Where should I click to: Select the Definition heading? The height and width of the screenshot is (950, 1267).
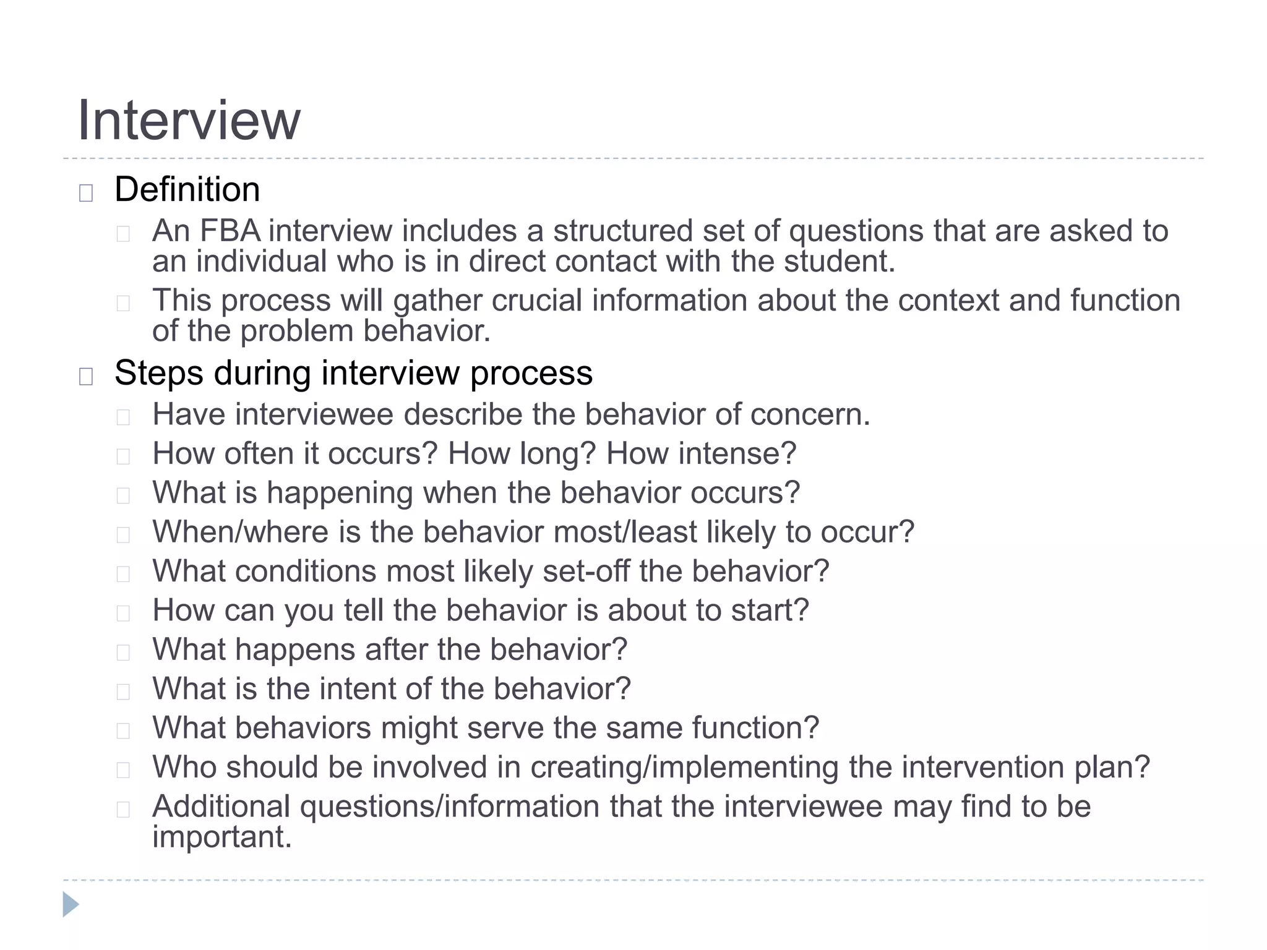(x=187, y=189)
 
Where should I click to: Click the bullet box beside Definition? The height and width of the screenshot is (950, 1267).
(x=86, y=194)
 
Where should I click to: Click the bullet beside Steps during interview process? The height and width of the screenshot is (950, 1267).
(x=86, y=377)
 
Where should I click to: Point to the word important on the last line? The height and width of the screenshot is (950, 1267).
(x=221, y=837)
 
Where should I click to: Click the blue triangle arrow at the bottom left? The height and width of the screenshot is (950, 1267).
(x=71, y=904)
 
